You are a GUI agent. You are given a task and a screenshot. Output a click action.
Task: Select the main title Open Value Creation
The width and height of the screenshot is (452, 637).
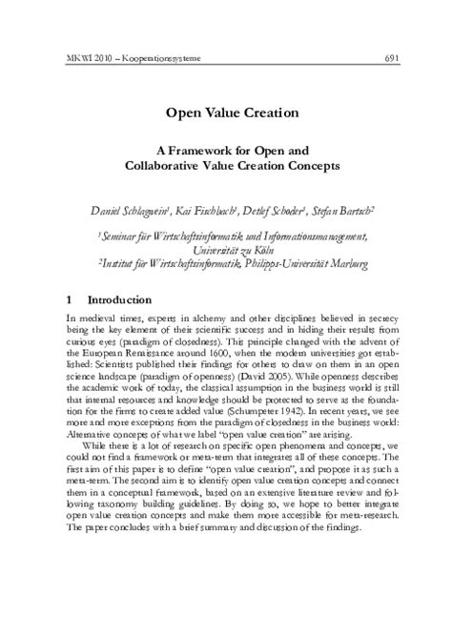click(226, 113)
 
